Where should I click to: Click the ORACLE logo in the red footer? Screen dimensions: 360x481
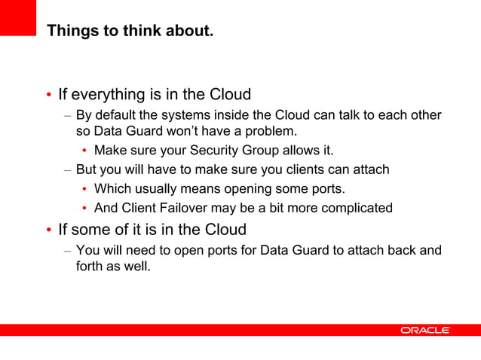424,330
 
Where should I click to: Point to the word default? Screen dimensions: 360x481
115,115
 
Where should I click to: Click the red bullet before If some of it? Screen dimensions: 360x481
49,230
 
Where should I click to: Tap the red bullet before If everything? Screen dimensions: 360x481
49,96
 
